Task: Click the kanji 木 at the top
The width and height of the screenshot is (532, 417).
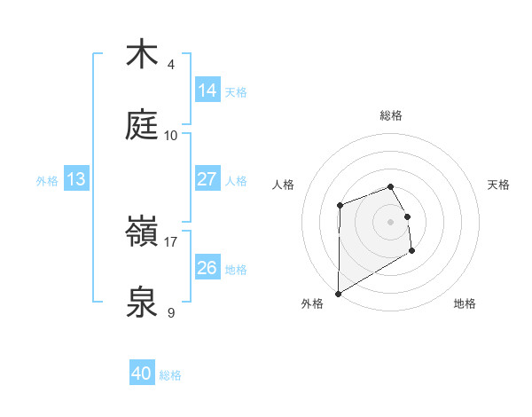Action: pos(142,54)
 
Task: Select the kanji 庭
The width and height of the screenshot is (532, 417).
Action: pos(142,125)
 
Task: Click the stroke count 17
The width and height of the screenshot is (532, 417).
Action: pos(171,241)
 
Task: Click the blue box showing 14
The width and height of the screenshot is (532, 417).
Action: pos(207,90)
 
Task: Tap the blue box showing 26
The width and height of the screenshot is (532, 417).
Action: pos(207,267)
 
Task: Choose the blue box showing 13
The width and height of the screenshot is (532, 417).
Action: pos(76,179)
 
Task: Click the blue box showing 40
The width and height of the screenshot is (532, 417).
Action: pos(142,374)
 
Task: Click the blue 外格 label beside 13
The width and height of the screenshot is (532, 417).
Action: pos(47,180)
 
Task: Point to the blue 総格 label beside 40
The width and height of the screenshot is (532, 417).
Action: pos(170,375)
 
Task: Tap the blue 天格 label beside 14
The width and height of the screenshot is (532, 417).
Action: pos(236,91)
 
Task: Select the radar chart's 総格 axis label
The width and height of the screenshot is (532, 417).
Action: pos(391,115)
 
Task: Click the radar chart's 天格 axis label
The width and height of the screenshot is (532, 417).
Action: pos(499,185)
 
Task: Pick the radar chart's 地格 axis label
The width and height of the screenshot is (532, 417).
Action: pos(465,303)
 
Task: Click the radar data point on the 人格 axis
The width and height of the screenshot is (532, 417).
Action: pos(340,206)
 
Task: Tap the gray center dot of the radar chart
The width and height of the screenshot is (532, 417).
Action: pos(391,221)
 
